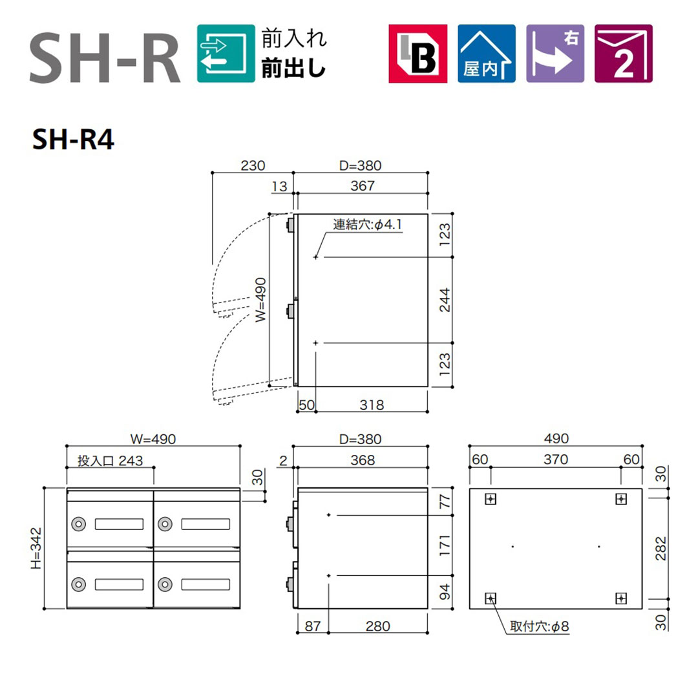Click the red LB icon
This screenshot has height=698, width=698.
(418, 54)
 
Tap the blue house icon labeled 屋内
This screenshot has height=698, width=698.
(487, 54)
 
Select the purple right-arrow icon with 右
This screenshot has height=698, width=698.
(555, 54)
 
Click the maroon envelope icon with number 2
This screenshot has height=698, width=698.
(624, 54)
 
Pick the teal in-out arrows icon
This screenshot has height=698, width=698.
(226, 54)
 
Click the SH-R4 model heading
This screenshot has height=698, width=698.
(73, 140)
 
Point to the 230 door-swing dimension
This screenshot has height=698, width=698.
(253, 165)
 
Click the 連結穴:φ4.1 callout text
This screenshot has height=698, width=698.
(367, 224)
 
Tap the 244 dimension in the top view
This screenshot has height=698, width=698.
(445, 300)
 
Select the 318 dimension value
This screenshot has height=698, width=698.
(372, 405)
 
